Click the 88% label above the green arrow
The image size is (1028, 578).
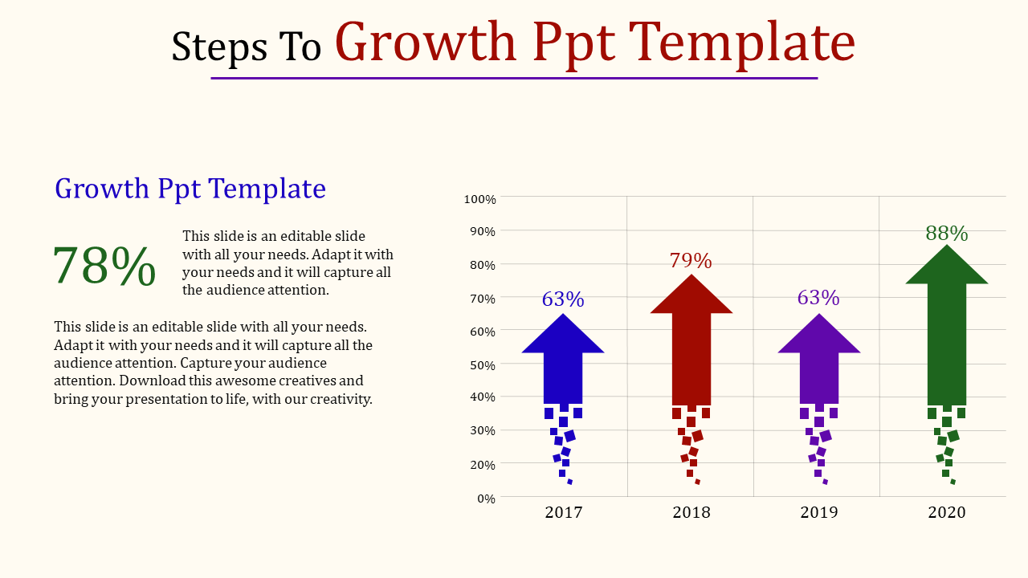[x=947, y=234]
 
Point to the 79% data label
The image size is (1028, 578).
[x=691, y=261]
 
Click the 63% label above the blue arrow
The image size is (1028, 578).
[x=563, y=299]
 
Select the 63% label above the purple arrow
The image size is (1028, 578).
[x=818, y=298]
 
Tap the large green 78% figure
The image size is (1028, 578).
[x=104, y=266]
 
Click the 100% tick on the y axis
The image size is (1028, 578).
[x=480, y=199]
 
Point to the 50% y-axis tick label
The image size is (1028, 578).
[x=483, y=365]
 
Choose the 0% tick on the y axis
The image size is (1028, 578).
[x=486, y=499]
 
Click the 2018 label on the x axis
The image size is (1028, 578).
[x=691, y=512]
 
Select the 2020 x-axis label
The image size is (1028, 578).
[x=947, y=512]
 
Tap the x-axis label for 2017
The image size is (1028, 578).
[x=564, y=512]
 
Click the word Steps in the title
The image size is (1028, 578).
[x=219, y=47]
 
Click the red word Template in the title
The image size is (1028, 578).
[x=741, y=43]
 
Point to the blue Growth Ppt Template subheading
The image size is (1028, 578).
[x=190, y=189]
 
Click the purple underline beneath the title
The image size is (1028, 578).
[x=514, y=79]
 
